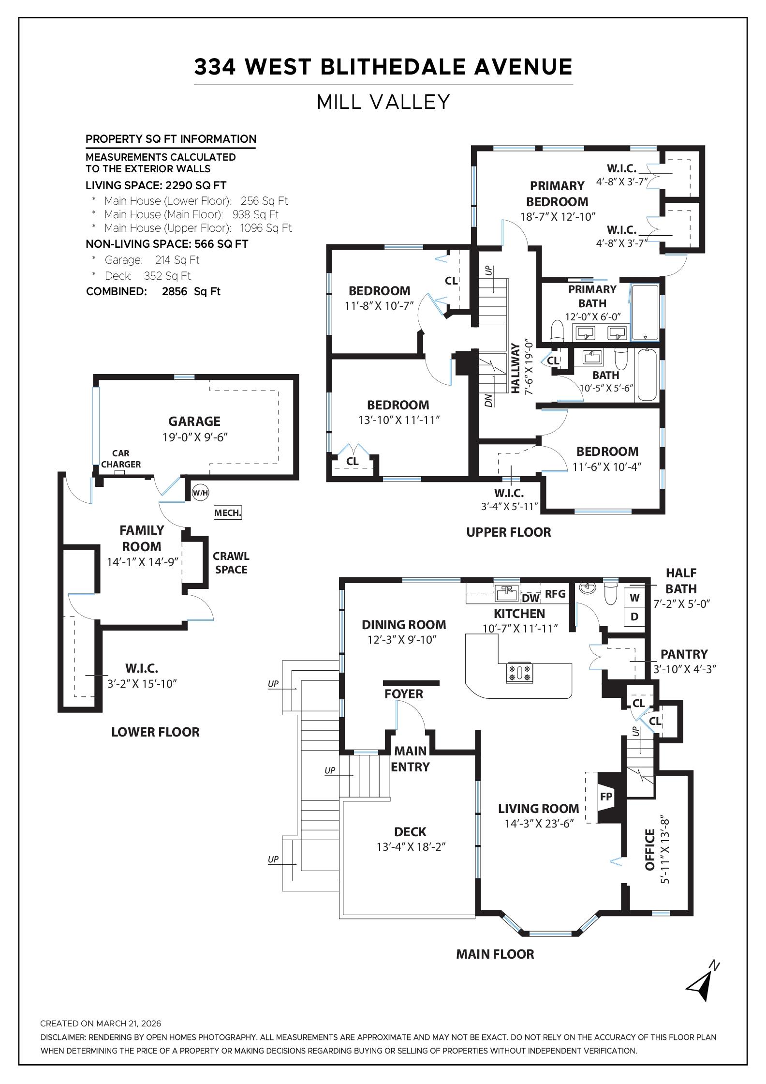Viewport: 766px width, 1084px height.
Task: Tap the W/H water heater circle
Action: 200,493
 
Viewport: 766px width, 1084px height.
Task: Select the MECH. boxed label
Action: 228,512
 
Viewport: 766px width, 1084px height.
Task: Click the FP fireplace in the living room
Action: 606,797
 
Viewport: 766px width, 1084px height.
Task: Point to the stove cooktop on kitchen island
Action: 519,673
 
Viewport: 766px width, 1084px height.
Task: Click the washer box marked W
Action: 635,598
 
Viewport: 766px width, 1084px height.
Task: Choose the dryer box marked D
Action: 635,617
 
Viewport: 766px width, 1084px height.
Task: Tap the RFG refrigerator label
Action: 555,594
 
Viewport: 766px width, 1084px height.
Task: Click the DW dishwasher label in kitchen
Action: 530,598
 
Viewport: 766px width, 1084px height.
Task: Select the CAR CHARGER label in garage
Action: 121,459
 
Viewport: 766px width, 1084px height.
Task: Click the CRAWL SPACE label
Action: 231,563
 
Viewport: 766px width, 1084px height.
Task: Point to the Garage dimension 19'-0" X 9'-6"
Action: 195,437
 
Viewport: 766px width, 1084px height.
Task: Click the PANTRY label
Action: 684,654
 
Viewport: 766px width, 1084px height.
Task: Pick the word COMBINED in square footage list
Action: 117,291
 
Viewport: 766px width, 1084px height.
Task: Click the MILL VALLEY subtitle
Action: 383,102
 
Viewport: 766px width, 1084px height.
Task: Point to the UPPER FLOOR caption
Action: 509,532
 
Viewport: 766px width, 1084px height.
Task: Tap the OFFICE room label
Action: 650,849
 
